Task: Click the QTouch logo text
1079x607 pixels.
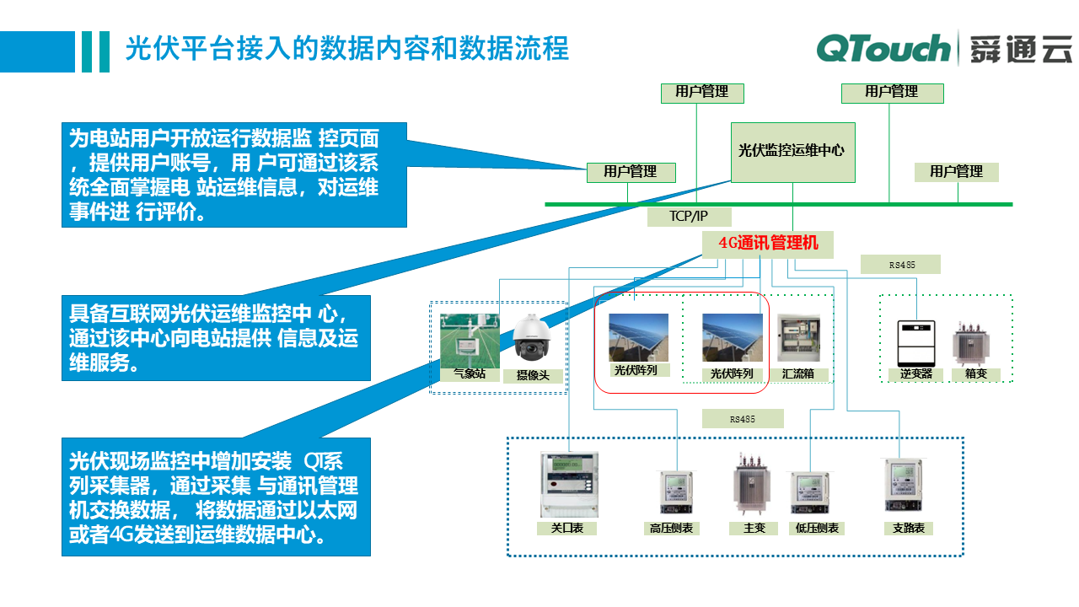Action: pyautogui.click(x=883, y=49)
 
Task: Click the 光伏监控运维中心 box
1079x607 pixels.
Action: pyautogui.click(x=792, y=152)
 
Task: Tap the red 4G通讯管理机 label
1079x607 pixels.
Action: pyautogui.click(x=768, y=244)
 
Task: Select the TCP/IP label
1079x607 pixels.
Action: pyautogui.click(x=689, y=216)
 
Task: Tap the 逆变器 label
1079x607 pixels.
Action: pyautogui.click(x=915, y=373)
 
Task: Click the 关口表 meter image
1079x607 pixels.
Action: pyautogui.click(x=569, y=484)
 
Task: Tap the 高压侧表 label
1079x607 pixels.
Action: pyautogui.click(x=672, y=529)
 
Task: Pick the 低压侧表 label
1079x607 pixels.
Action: pyautogui.click(x=817, y=529)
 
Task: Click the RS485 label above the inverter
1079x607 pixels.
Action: pyautogui.click(x=900, y=265)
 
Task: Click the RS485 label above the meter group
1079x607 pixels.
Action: pyautogui.click(x=742, y=419)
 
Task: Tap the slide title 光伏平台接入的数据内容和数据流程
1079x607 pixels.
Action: pyautogui.click(x=347, y=48)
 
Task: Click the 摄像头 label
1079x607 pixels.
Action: pyautogui.click(x=532, y=375)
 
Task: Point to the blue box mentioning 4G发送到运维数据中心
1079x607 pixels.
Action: pyautogui.click(x=216, y=497)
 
